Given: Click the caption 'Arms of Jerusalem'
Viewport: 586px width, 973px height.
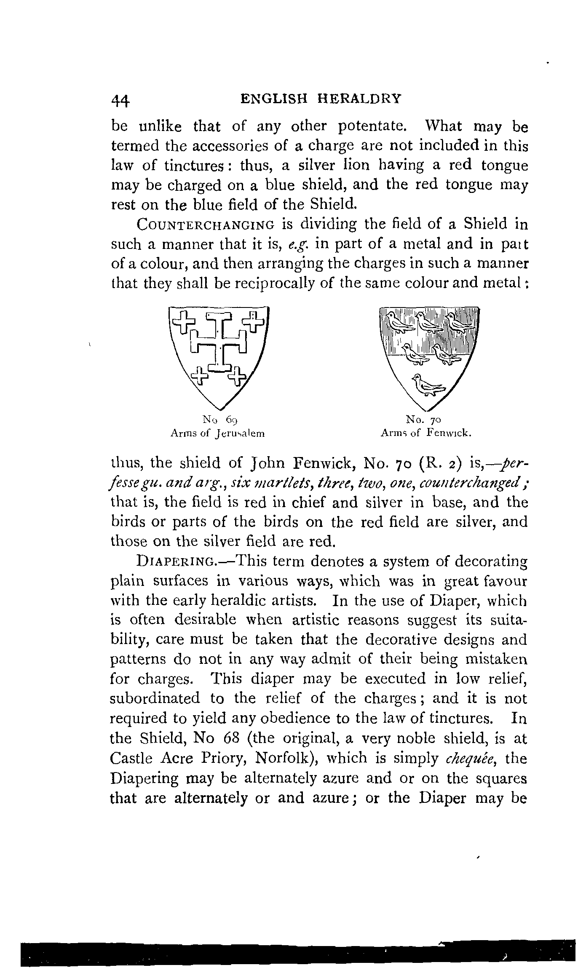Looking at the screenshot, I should (217, 433).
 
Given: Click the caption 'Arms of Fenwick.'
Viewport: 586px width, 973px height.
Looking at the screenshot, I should (425, 433).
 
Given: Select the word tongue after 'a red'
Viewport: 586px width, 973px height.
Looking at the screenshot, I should (504, 166).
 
